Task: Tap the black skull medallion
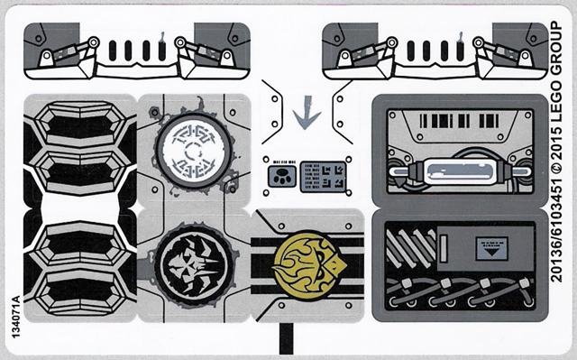pyautogui.click(x=194, y=265)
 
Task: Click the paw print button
pyautogui.click(x=282, y=176)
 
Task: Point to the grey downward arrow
pyautogui.click(x=307, y=113)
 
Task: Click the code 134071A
pyautogui.click(x=15, y=317)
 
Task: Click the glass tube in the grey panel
pyautogui.click(x=460, y=171)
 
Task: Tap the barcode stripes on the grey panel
pyautogui.click(x=459, y=121)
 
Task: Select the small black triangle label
pyautogui.click(x=491, y=249)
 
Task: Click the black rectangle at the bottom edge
pyautogui.click(x=286, y=338)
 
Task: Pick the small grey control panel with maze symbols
pyautogui.click(x=324, y=177)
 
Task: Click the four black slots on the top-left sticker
pyautogui.click(x=137, y=51)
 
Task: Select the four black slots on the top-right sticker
pyautogui.click(x=435, y=51)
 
